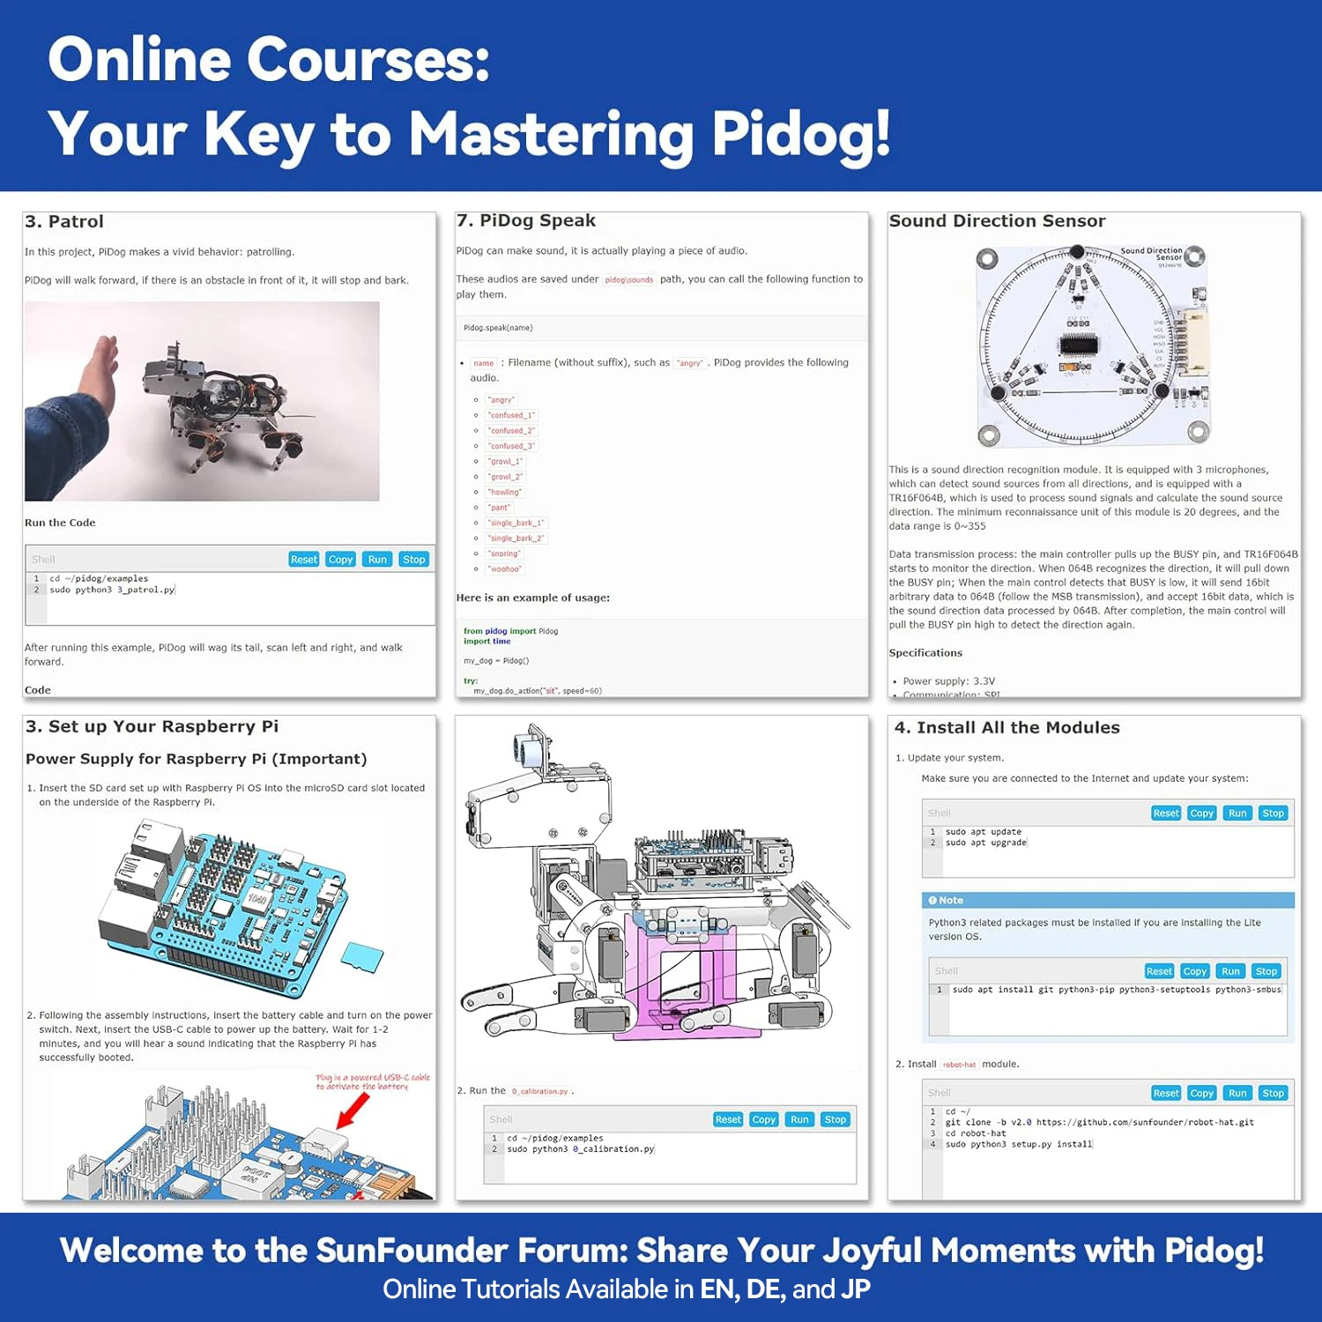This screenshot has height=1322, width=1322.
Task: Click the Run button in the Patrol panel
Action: click(377, 560)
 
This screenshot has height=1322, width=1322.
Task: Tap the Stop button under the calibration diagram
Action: click(835, 1119)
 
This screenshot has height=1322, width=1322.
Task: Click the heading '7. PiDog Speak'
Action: click(526, 220)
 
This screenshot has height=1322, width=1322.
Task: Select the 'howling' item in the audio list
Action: click(505, 492)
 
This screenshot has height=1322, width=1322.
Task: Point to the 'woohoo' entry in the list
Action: click(504, 569)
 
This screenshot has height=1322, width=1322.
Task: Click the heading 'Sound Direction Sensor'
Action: click(997, 221)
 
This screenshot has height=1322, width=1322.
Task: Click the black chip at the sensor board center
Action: click(1079, 343)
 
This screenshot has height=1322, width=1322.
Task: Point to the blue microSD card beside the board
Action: click(361, 957)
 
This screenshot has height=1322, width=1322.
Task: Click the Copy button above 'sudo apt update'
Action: click(1201, 813)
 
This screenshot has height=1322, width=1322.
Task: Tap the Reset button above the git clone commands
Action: click(1165, 1093)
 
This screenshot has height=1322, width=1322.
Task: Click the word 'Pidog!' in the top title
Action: click(800, 134)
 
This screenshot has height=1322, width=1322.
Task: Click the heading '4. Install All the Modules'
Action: click(1007, 728)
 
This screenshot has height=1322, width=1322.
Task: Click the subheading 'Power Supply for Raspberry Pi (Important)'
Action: click(196, 759)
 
